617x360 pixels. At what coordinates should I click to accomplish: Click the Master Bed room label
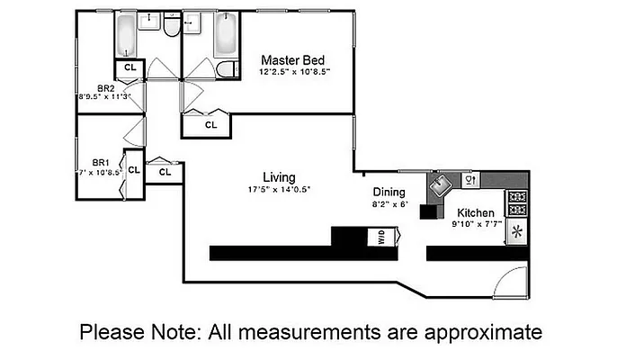[x=293, y=60]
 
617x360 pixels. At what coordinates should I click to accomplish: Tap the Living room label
[x=279, y=177]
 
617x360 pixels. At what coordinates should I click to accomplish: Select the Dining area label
[x=389, y=192]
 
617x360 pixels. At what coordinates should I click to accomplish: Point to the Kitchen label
[x=475, y=212]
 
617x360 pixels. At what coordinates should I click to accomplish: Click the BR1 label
[x=101, y=162]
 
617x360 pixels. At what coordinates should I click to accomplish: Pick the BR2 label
[x=106, y=88]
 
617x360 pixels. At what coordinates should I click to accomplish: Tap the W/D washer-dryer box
[x=381, y=237]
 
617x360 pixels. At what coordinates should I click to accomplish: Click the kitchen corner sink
[x=441, y=185]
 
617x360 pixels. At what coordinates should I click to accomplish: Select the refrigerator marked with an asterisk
[x=517, y=231]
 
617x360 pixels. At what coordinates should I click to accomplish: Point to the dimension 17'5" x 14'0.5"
[x=279, y=190]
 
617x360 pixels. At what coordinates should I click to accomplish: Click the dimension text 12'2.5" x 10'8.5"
[x=294, y=72]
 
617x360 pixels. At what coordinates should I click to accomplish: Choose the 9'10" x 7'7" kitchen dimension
[x=477, y=224]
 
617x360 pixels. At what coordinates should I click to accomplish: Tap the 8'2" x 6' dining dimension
[x=390, y=204]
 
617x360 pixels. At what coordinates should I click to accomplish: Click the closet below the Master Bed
[x=206, y=126]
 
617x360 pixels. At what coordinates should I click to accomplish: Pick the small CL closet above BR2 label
[x=130, y=68]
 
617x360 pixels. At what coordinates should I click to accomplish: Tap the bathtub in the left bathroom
[x=126, y=35]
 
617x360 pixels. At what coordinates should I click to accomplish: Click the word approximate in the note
[x=483, y=332]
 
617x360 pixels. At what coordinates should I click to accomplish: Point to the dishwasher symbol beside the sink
[x=469, y=180]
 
